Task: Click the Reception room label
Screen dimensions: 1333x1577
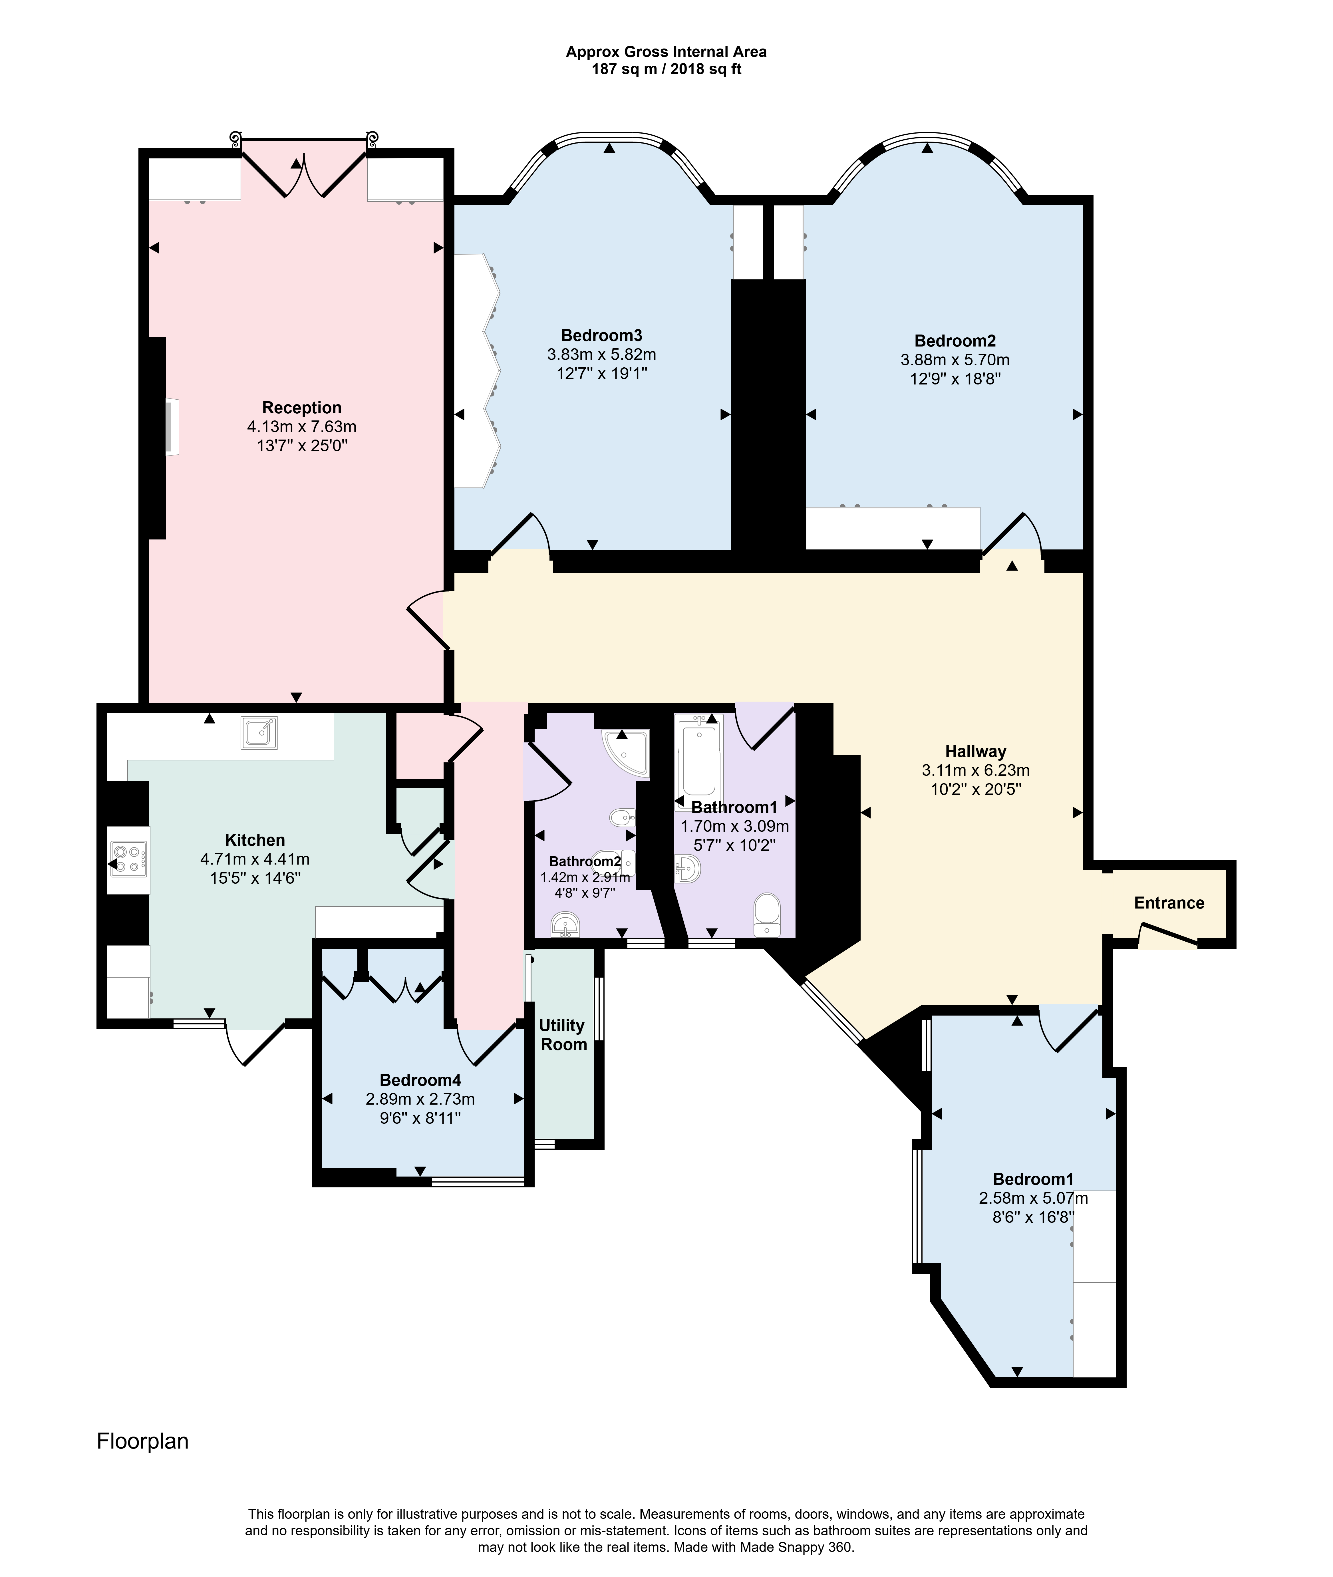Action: click(x=301, y=408)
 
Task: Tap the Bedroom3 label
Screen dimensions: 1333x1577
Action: click(x=601, y=335)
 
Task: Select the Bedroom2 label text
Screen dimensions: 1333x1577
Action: click(x=955, y=341)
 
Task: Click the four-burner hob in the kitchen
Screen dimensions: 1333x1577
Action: click(x=129, y=860)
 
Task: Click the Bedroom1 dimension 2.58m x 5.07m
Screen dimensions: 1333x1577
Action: click(x=1033, y=1198)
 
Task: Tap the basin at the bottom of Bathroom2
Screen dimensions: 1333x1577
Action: click(x=565, y=924)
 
